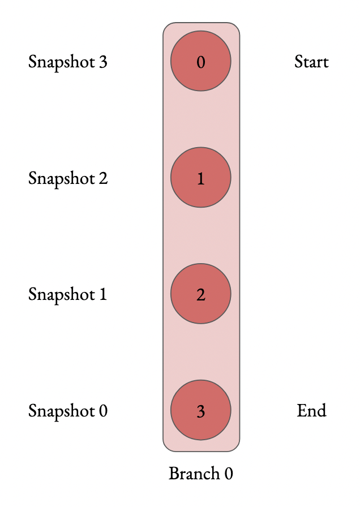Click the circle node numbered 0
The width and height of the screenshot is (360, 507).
(201, 61)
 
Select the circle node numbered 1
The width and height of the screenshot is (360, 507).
(201, 178)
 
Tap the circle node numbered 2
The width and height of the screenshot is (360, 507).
(201, 294)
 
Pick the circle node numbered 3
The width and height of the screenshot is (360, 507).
(201, 411)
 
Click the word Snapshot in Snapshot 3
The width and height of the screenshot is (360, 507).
(61, 62)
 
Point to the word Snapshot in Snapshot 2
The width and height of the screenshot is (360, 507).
(61, 178)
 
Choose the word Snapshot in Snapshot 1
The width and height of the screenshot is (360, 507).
(61, 295)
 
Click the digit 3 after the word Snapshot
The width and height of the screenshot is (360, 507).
(102, 62)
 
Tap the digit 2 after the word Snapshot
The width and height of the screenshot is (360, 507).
(102, 178)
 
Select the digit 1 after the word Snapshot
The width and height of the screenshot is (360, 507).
(102, 295)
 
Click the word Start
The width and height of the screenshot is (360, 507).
(311, 61)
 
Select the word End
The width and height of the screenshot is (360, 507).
(311, 410)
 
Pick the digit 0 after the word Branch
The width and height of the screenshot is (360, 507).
(228, 474)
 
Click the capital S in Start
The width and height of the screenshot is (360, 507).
(298, 61)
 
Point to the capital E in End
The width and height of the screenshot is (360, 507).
(301, 410)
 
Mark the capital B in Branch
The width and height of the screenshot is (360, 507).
(173, 474)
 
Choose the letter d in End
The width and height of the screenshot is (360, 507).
(322, 410)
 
